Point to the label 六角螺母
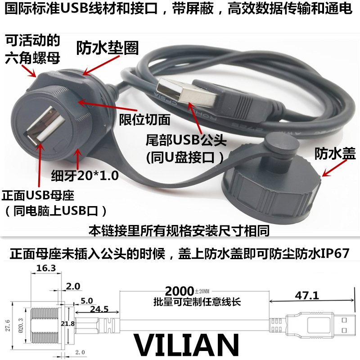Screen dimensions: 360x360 32,58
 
